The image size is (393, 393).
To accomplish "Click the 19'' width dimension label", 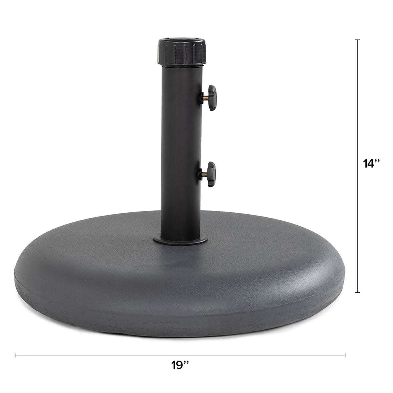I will tap(181, 365).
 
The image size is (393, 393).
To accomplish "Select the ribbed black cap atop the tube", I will tap(181, 52).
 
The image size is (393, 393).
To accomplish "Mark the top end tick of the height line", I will tap(358, 40).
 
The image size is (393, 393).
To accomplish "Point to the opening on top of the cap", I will tap(181, 40).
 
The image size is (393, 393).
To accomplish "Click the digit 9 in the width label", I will tap(179, 365).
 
